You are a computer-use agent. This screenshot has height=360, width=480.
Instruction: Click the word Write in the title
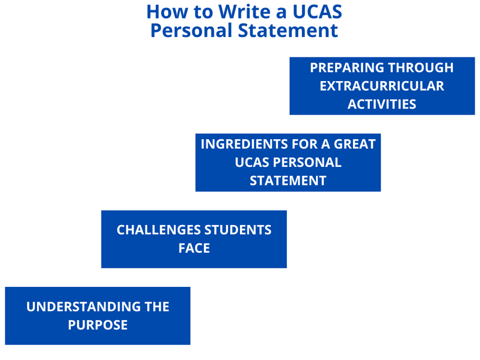[x=245, y=12]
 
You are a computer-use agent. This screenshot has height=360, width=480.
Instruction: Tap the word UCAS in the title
[x=317, y=12]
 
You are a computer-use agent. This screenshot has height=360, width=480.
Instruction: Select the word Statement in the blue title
[x=288, y=31]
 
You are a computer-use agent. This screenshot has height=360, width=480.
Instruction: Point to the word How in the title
[x=167, y=12]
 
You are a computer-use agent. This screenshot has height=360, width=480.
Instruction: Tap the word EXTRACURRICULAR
[x=381, y=86]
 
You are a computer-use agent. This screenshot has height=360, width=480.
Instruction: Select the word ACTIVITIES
[x=381, y=104]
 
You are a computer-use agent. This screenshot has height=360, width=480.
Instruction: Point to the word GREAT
[x=354, y=144]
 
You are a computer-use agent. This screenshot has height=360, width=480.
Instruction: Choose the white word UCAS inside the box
[x=252, y=162]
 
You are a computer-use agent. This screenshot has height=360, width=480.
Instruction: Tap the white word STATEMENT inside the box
[x=288, y=181]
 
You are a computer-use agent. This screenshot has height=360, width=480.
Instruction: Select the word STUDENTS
[x=238, y=230]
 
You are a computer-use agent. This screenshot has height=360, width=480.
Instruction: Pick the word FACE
[x=194, y=248]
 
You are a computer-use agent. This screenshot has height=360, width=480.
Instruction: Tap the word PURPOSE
[x=97, y=325]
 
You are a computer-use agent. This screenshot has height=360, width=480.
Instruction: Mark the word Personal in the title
[x=191, y=31]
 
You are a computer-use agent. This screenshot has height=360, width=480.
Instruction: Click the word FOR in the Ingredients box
[x=304, y=144]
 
